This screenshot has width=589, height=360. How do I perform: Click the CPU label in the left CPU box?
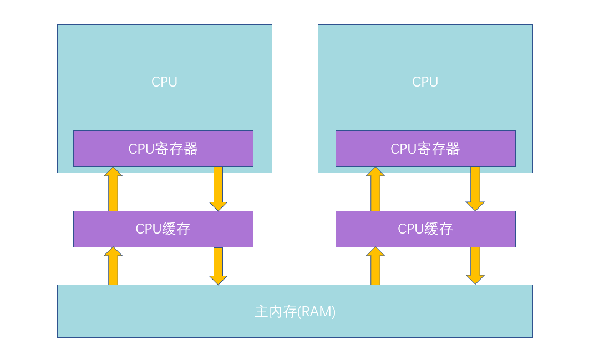coord(164,82)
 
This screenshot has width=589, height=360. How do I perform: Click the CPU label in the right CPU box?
coord(425,82)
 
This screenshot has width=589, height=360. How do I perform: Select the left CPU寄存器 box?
coord(163,149)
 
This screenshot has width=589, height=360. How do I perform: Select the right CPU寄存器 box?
coord(425,149)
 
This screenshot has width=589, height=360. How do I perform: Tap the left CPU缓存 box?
coord(163,229)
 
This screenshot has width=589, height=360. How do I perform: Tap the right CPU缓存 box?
coord(425,229)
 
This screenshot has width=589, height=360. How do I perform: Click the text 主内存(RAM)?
coord(295,312)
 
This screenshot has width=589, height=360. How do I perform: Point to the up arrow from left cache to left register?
coord(113,190)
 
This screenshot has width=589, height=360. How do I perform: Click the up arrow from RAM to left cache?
coord(113,267)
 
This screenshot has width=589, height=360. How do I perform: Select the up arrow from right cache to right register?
coord(375,190)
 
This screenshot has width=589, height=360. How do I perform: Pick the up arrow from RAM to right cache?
coord(375,267)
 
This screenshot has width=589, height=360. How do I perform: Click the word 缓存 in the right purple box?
coord(439,229)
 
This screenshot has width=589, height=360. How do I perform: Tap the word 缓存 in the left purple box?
coord(177,229)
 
